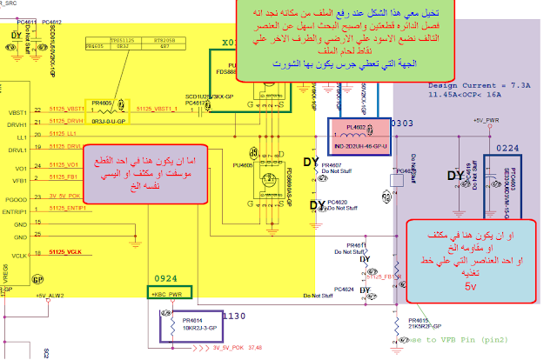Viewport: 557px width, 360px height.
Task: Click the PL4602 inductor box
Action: pyautogui.click(x=354, y=136)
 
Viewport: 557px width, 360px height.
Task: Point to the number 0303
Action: pyautogui.click(x=401, y=124)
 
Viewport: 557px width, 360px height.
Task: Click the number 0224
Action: pyautogui.click(x=507, y=149)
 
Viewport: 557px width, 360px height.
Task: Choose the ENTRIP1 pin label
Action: pyautogui.click(x=18, y=210)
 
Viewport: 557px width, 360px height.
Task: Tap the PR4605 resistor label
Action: pyautogui.click(x=101, y=103)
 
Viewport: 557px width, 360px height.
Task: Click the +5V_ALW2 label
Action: pyautogui.click(x=51, y=296)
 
